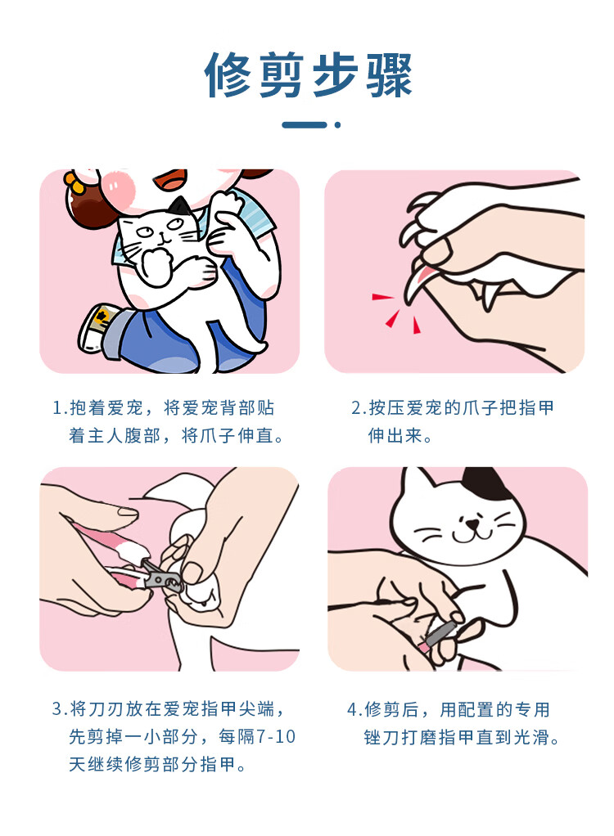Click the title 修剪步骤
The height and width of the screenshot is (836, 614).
point(308,74)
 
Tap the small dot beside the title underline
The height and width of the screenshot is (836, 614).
point(337,125)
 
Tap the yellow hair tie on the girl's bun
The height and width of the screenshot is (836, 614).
point(77,182)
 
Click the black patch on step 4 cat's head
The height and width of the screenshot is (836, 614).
point(485,482)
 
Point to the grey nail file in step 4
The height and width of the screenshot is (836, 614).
point(444,631)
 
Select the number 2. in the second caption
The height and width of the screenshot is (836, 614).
point(358,408)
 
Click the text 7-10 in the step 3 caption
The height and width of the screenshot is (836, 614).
point(276,736)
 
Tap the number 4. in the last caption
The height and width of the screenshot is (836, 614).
point(354,710)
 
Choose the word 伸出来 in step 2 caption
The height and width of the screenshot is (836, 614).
point(395,436)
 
